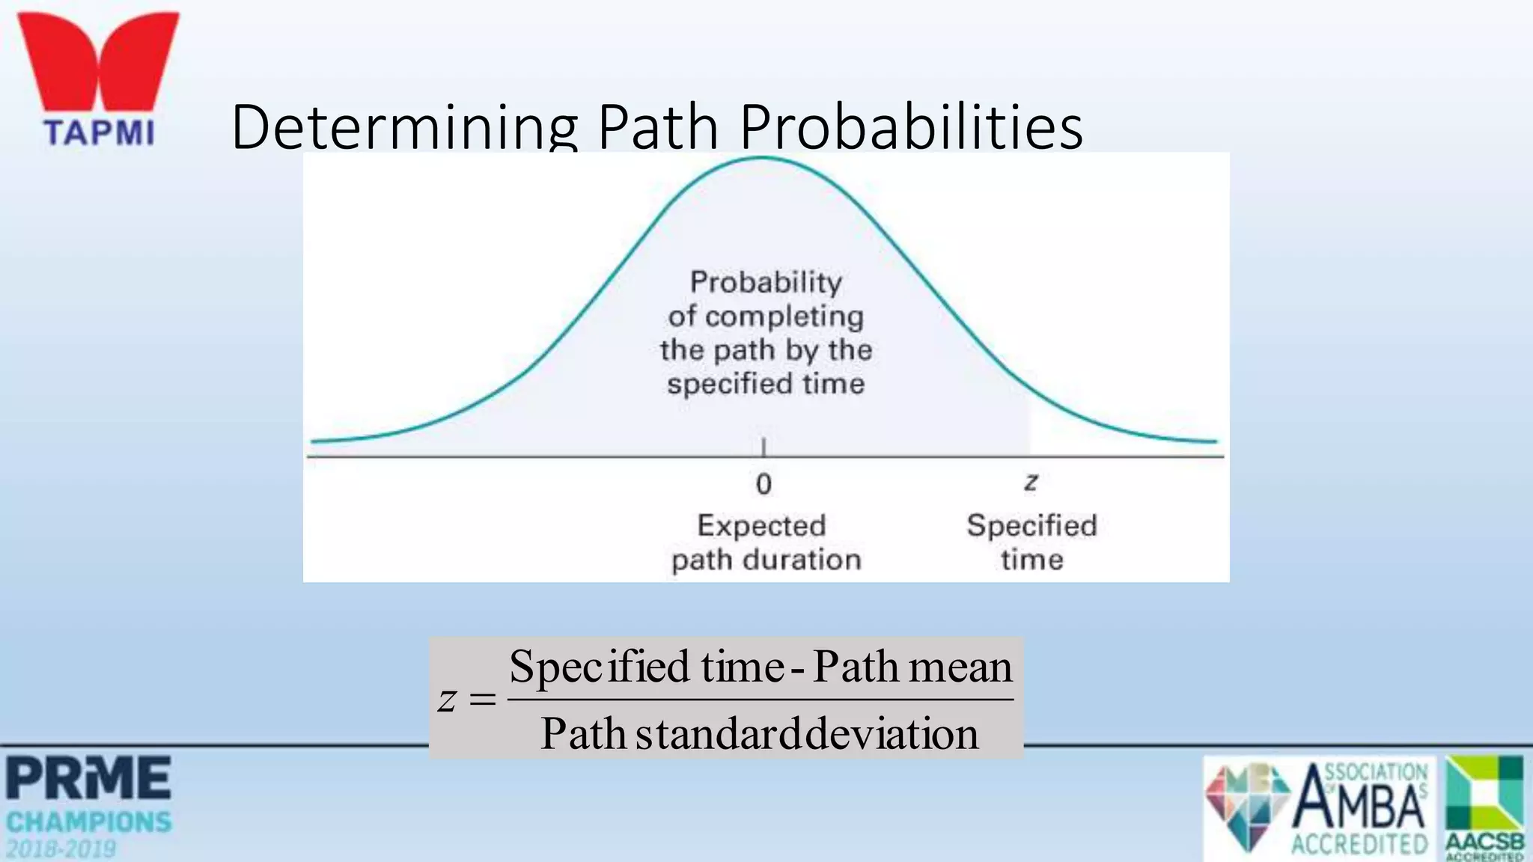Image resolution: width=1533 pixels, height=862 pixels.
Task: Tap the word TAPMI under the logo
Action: click(99, 133)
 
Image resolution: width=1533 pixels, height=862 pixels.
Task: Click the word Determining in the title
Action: click(404, 126)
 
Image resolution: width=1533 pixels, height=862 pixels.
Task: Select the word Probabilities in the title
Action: click(911, 126)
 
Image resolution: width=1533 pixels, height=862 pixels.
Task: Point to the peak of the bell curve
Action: click(763, 158)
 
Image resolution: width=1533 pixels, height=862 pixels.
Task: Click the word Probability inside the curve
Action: click(766, 282)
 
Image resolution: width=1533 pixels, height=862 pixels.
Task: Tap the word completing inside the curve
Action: click(784, 317)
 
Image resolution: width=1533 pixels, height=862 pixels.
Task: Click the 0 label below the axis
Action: click(764, 484)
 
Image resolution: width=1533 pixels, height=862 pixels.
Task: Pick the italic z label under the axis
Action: click(1031, 481)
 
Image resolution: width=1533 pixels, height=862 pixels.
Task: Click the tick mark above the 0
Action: click(764, 447)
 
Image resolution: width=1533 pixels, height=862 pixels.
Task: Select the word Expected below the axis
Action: click(761, 525)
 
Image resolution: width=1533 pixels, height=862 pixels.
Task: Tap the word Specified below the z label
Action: click(1031, 525)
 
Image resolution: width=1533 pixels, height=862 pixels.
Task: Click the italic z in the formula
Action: click(447, 700)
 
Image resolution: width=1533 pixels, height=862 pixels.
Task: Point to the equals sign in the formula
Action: click(482, 700)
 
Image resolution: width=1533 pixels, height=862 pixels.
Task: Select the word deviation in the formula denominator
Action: click(893, 733)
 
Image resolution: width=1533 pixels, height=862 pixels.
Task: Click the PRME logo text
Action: click(88, 778)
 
